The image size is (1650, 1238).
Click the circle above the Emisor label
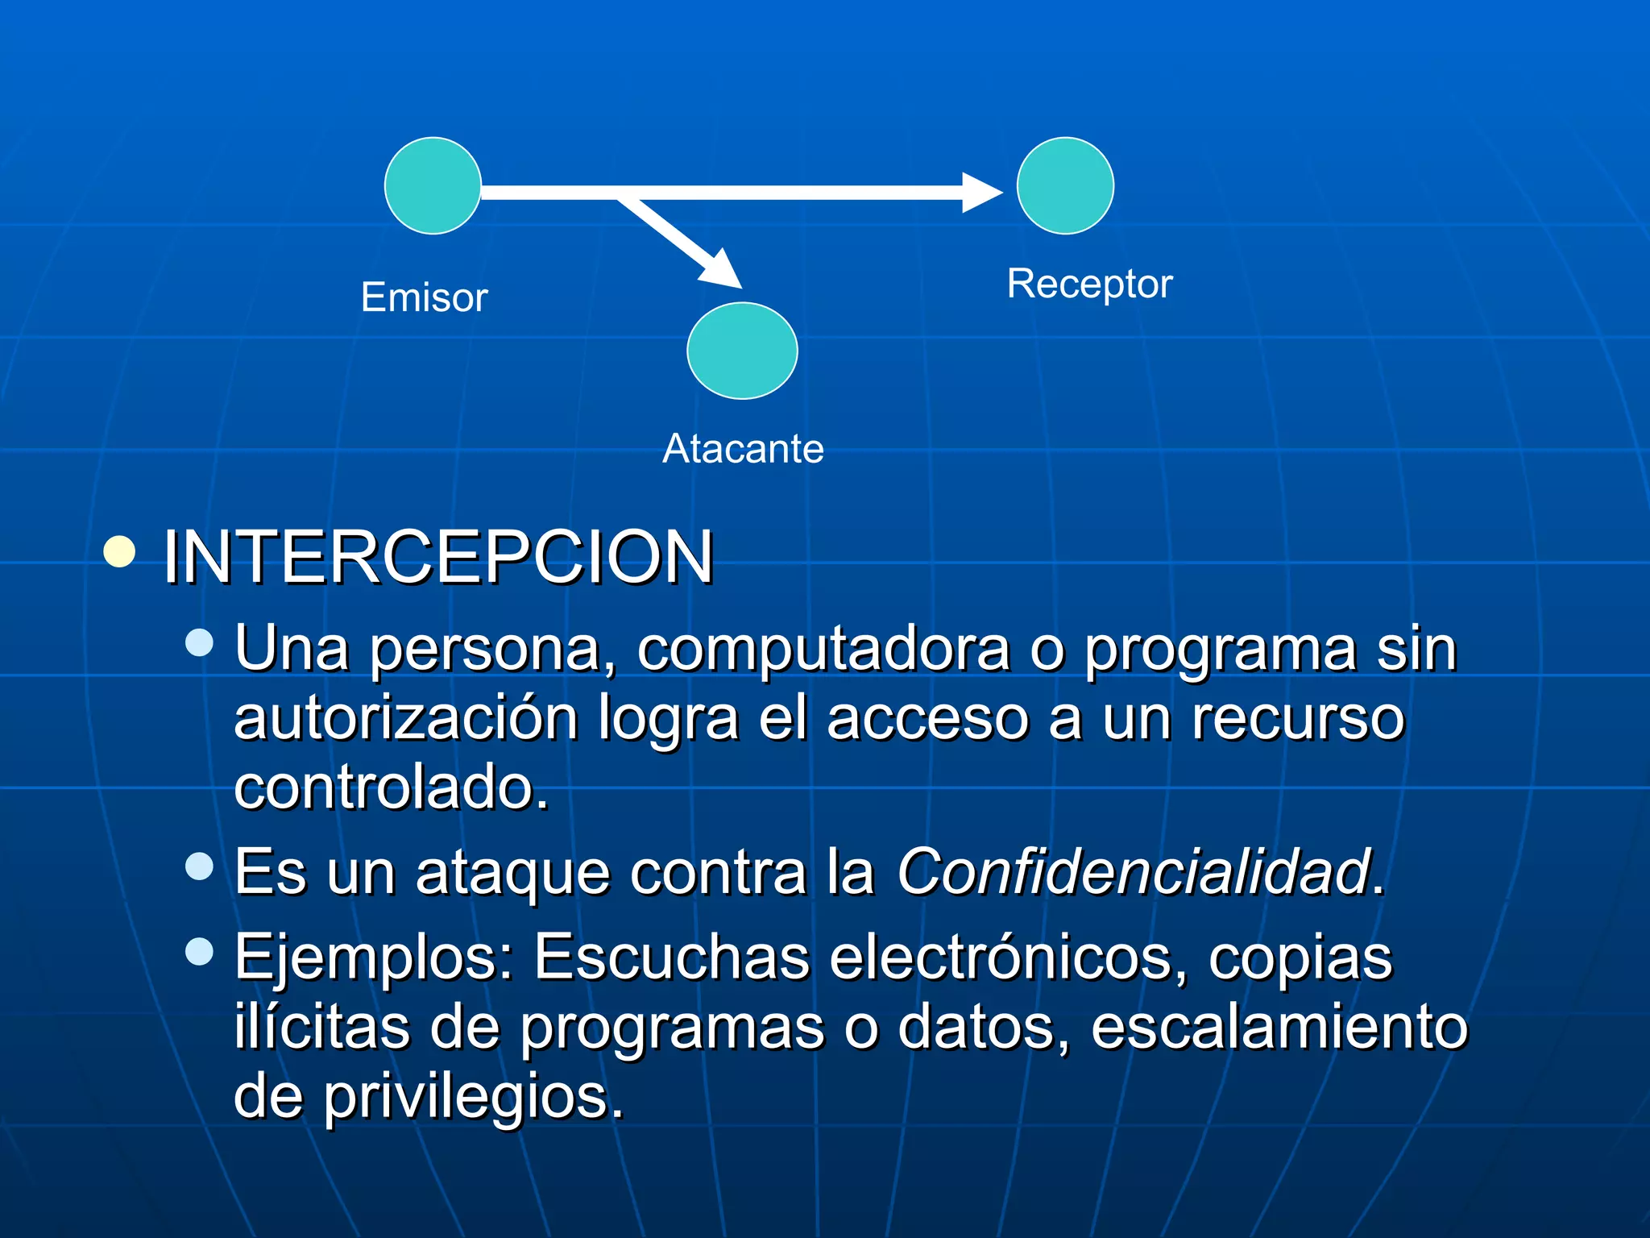pos(433,185)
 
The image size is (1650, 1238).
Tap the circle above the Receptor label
pos(1065,185)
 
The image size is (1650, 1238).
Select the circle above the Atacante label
pos(742,351)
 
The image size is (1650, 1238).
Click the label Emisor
pos(424,297)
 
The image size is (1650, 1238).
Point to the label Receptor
pos(1089,284)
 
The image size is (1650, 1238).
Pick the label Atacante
pos(743,448)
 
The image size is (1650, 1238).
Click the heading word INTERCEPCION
pos(438,557)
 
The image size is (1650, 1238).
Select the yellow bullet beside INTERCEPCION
pos(120,552)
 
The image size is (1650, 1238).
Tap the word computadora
pos(823,649)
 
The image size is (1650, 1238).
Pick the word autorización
pos(405,718)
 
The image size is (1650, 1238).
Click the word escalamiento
pos(1279,1027)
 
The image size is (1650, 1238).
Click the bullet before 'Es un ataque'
pos(199,866)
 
